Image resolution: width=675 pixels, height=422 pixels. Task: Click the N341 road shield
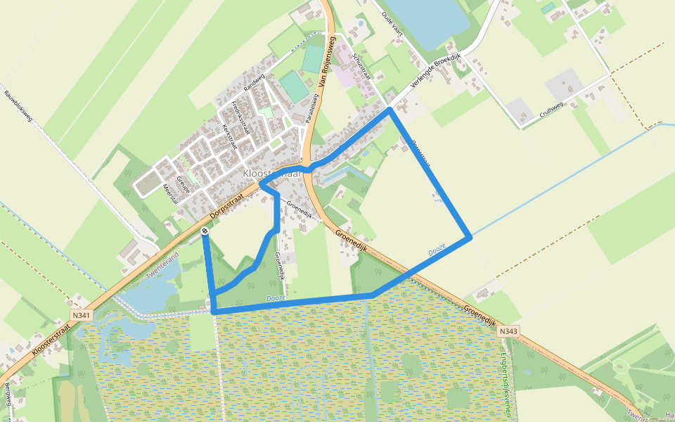(81, 316)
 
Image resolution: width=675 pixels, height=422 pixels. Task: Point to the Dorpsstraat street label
(231, 203)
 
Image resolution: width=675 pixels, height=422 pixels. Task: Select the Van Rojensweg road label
(325, 67)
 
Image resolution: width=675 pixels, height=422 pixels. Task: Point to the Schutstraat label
(361, 68)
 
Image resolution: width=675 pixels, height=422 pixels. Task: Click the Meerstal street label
(171, 192)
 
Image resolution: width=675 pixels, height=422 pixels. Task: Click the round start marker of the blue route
(205, 231)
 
